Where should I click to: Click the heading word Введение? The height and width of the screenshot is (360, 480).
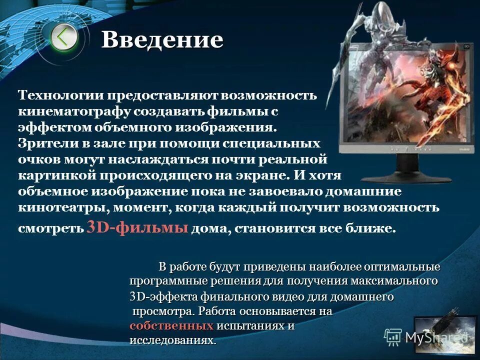pyautogui.click(x=162, y=40)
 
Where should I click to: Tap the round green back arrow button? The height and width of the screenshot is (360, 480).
pyautogui.click(x=63, y=36)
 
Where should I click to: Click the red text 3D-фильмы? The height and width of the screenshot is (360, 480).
pyautogui.click(x=137, y=227)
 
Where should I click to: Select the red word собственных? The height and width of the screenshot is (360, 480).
pyautogui.click(x=171, y=326)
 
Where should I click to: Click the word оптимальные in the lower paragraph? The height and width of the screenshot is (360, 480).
pyautogui.click(x=405, y=266)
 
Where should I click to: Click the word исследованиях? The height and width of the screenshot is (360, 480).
pyautogui.click(x=172, y=340)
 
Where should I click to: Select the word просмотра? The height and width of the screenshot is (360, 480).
pyautogui.click(x=163, y=311)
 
